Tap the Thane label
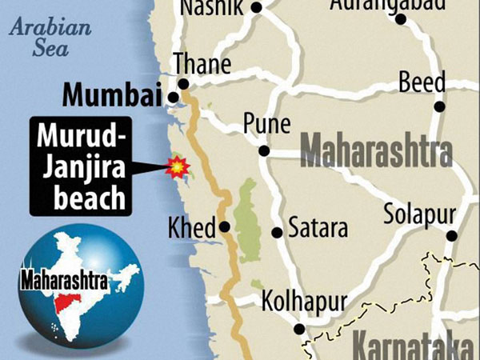pyautogui.click(x=202, y=64)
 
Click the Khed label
pyautogui.click(x=191, y=226)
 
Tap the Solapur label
pyautogui.click(x=419, y=214)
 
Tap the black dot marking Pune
pyautogui.click(x=263, y=150)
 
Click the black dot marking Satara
pyautogui.click(x=277, y=233)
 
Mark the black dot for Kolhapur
pyautogui.click(x=298, y=329)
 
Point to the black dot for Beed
pyautogui.click(x=439, y=106)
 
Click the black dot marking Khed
pyautogui.click(x=225, y=226)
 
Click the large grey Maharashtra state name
pyautogui.click(x=376, y=152)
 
